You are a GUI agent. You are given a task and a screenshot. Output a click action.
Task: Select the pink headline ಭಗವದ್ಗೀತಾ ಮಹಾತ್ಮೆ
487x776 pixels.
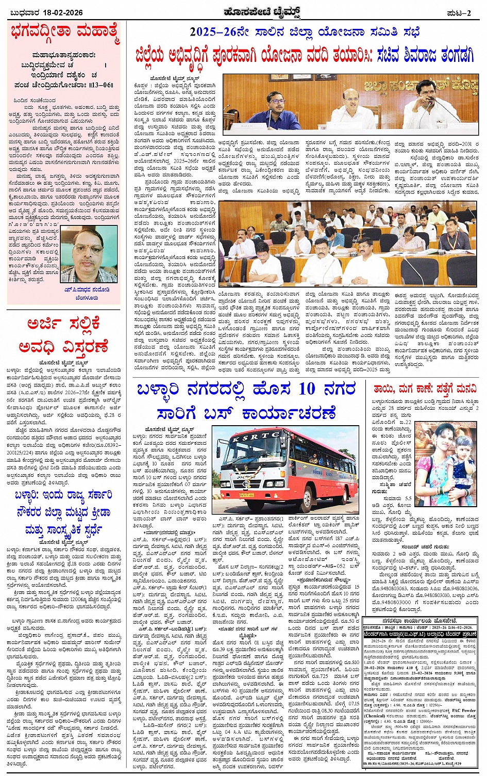click(64, 34)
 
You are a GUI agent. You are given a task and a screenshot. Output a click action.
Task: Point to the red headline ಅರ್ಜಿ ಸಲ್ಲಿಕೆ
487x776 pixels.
click(64, 325)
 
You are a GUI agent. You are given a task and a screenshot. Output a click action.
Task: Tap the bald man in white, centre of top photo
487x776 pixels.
click(354, 108)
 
